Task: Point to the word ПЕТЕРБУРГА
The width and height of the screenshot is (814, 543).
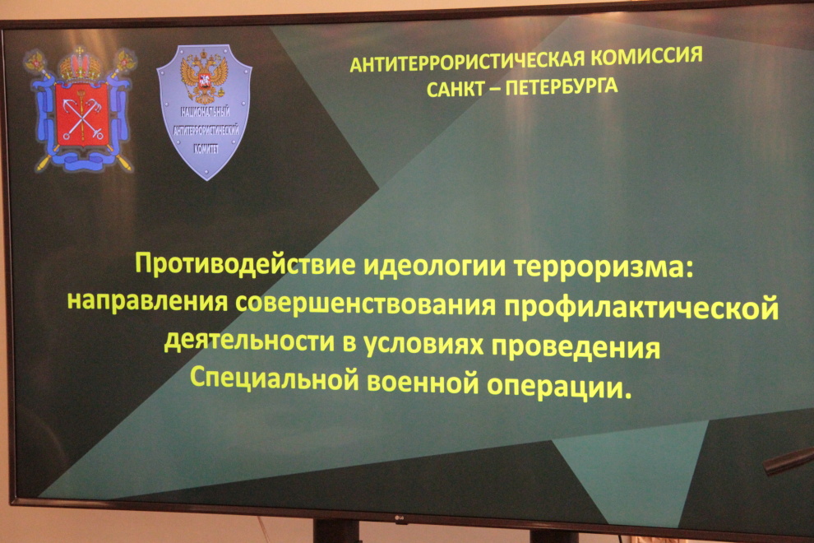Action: pyautogui.click(x=562, y=86)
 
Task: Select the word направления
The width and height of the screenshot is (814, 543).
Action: pyautogui.click(x=147, y=301)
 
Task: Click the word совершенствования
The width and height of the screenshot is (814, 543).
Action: pyautogui.click(x=365, y=304)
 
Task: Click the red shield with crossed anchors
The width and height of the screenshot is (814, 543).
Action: pyautogui.click(x=81, y=114)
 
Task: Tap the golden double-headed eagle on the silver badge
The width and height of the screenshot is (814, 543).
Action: pyautogui.click(x=203, y=76)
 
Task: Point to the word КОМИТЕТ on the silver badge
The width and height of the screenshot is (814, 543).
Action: pyautogui.click(x=206, y=149)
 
